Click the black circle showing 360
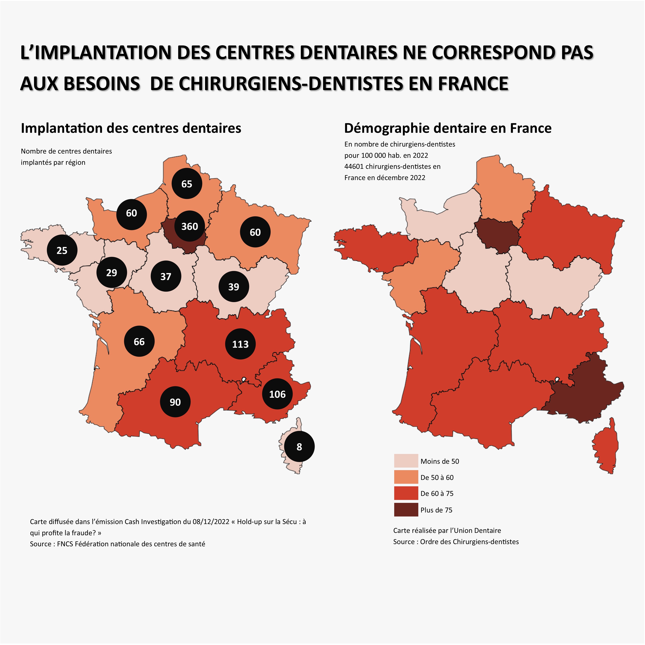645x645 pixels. coord(190,226)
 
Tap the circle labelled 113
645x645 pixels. coord(240,344)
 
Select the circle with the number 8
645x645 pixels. coord(299,447)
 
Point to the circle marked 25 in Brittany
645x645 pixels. coord(62,250)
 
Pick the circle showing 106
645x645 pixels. coord(277,394)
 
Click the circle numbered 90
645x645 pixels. coord(175,402)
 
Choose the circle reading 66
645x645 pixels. coord(139,341)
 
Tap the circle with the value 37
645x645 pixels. coord(166,276)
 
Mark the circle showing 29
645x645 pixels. coord(111,272)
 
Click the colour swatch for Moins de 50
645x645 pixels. coord(406,461)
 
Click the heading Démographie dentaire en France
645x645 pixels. coord(448,128)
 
